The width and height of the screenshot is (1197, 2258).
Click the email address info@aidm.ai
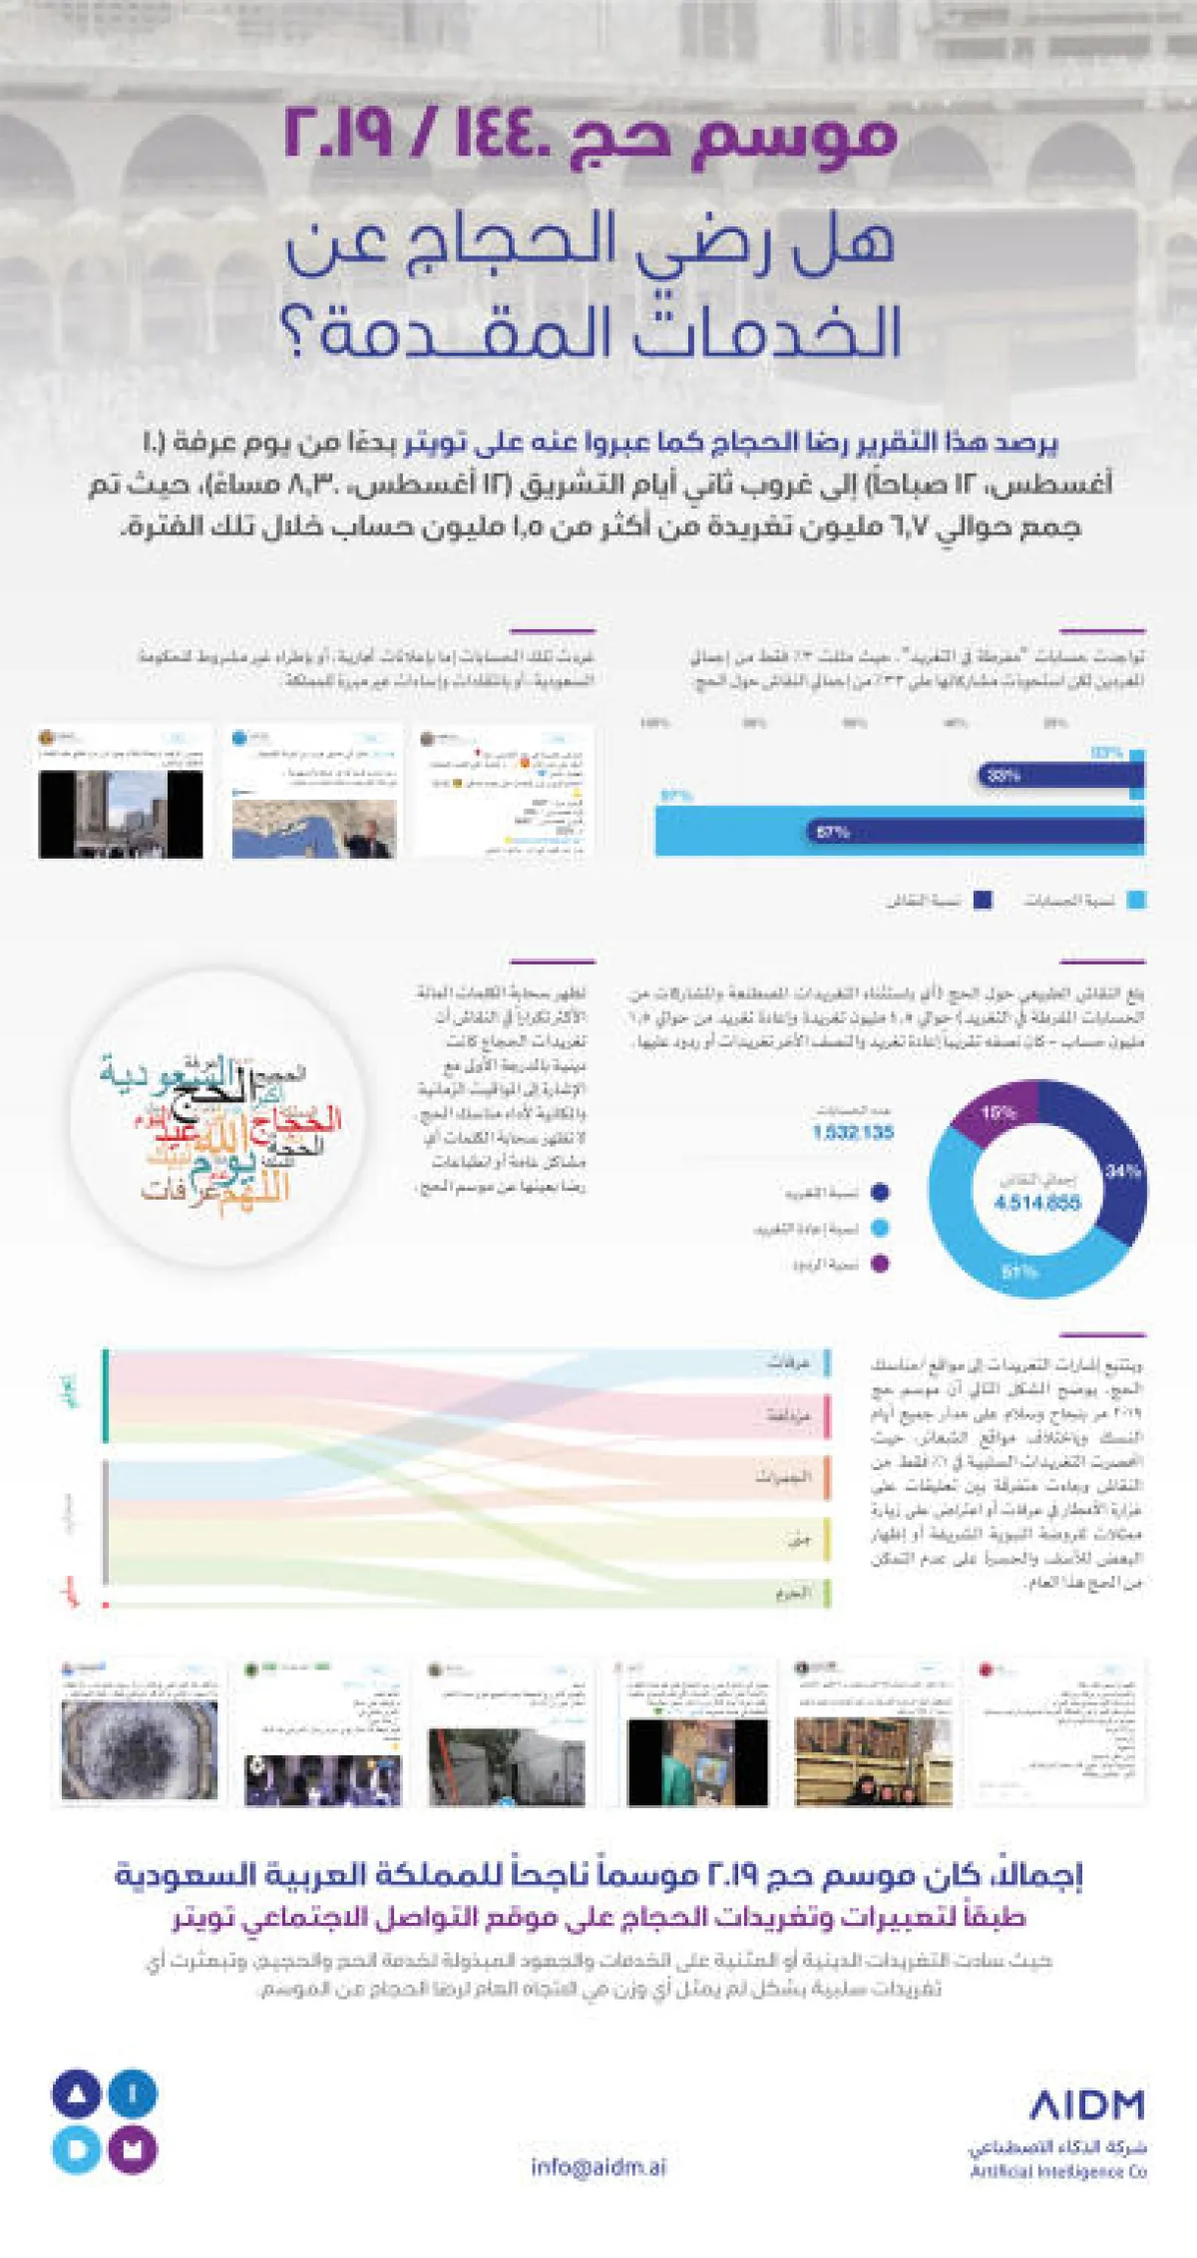tap(598, 2167)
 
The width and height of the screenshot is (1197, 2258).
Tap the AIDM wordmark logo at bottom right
tap(1086, 2105)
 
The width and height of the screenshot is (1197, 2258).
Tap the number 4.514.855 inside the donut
tap(1036, 1203)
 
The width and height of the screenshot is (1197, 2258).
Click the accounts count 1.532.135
tap(853, 1132)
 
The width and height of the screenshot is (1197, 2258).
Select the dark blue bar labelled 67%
tap(978, 832)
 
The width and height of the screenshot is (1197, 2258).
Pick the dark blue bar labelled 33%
tap(1057, 775)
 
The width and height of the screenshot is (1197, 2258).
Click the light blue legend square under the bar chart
tap(1135, 900)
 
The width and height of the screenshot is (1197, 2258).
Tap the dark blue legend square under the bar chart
tap(983, 900)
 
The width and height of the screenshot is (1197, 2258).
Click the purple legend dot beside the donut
tap(880, 1264)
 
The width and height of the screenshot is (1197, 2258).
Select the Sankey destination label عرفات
tap(788, 1361)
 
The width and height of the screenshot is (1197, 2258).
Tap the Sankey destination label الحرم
tap(793, 1593)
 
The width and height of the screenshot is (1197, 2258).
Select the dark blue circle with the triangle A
tap(76, 2093)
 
